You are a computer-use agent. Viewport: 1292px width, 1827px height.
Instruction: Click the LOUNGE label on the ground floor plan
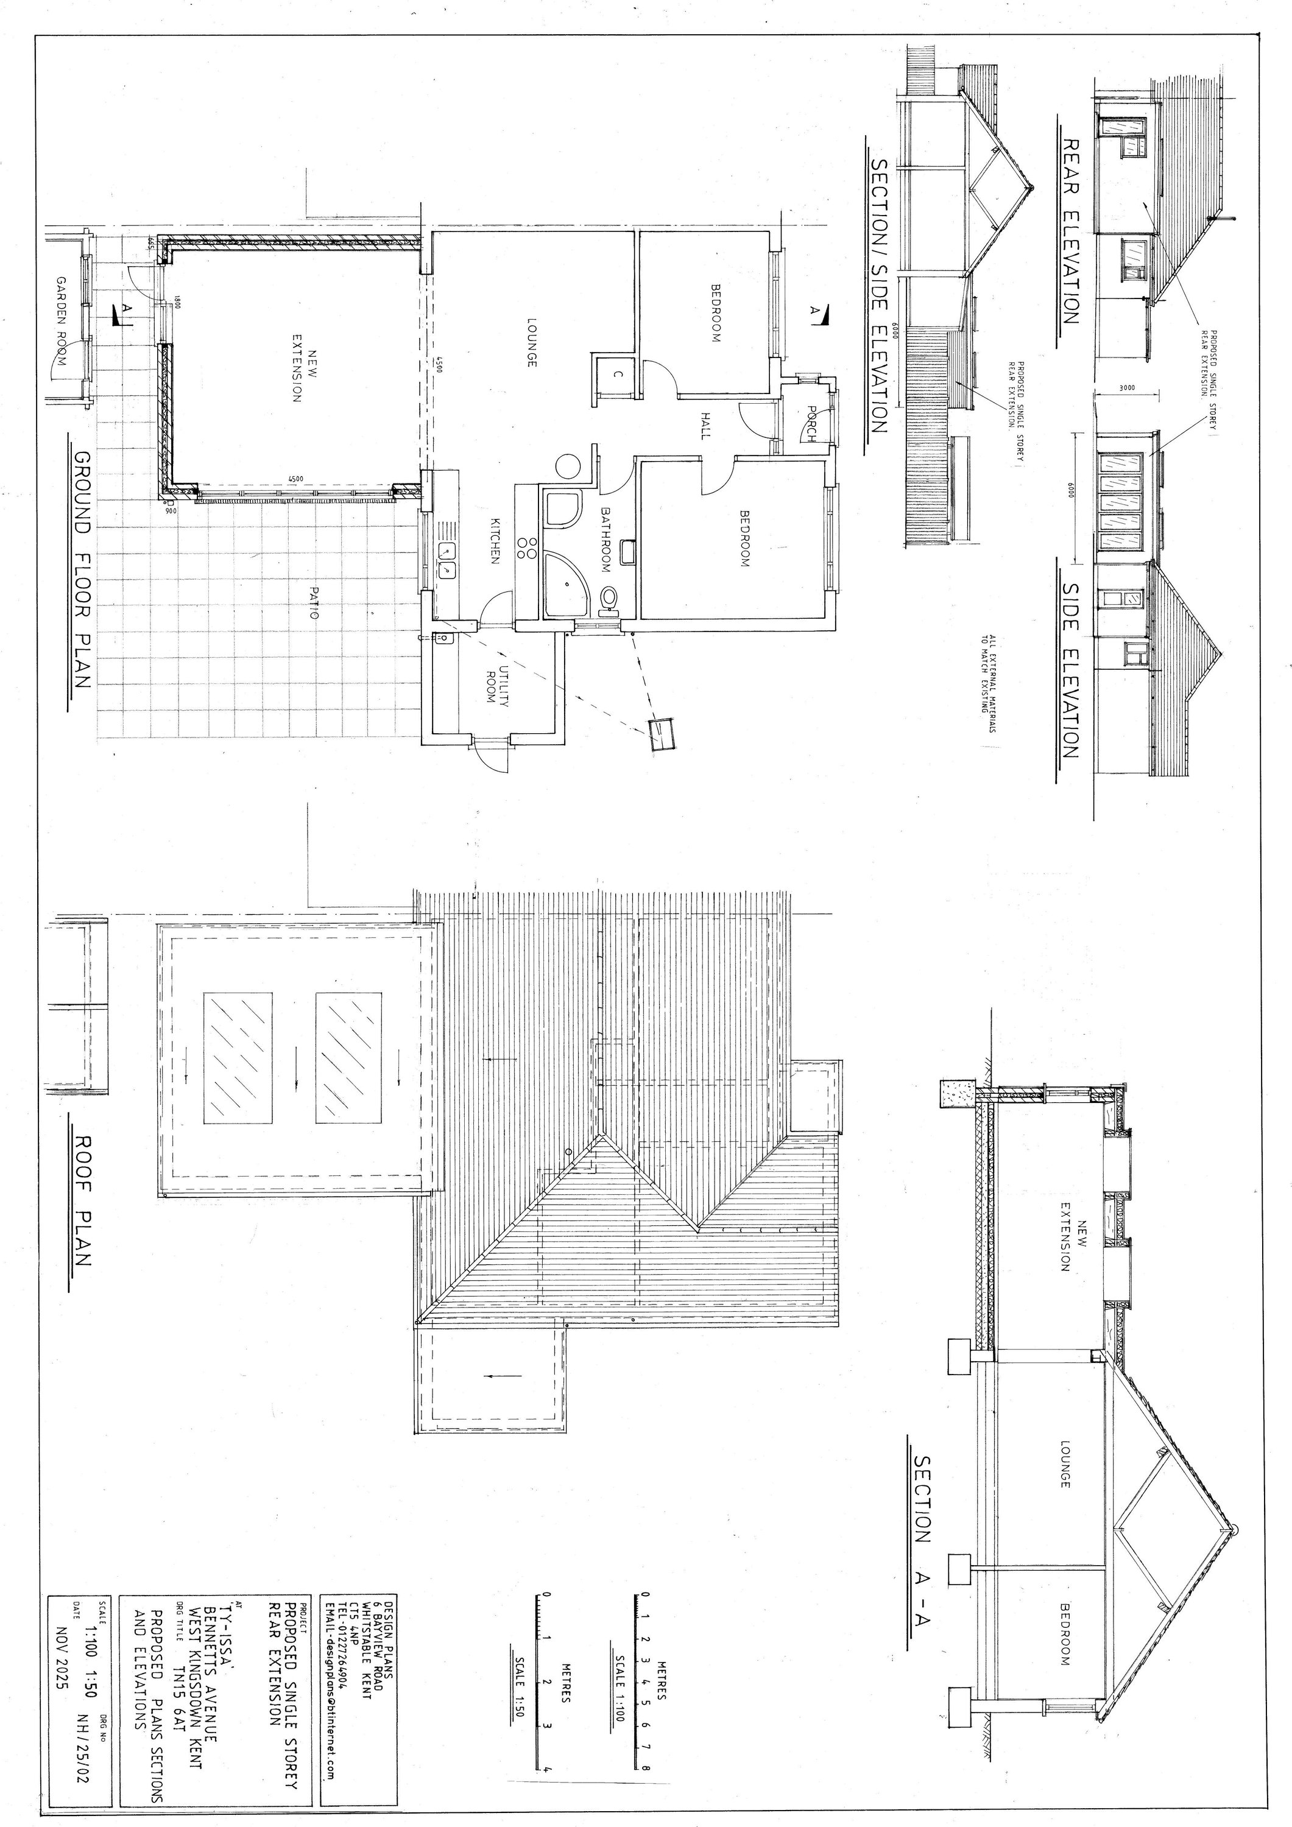click(531, 342)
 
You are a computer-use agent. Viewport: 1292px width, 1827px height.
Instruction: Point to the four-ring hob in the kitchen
click(527, 547)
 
